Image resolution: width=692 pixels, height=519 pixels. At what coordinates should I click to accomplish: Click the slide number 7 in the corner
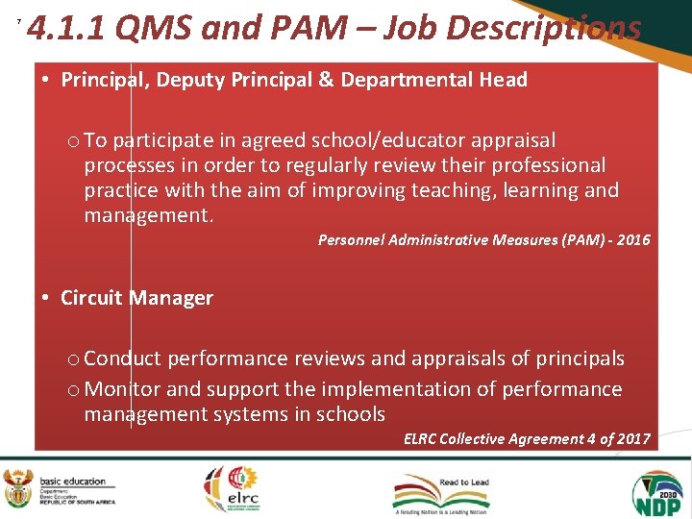click(18, 22)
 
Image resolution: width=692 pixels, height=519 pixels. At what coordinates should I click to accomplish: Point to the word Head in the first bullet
click(504, 80)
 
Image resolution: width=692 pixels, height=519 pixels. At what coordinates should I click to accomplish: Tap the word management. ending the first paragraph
click(149, 215)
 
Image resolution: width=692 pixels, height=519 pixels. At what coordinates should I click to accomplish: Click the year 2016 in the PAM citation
click(630, 239)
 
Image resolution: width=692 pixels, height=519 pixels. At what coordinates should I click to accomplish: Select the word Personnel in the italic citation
click(351, 239)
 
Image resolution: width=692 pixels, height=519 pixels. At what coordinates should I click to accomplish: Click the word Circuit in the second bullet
click(92, 298)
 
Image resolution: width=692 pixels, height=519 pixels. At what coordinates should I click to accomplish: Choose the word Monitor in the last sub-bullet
click(117, 389)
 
